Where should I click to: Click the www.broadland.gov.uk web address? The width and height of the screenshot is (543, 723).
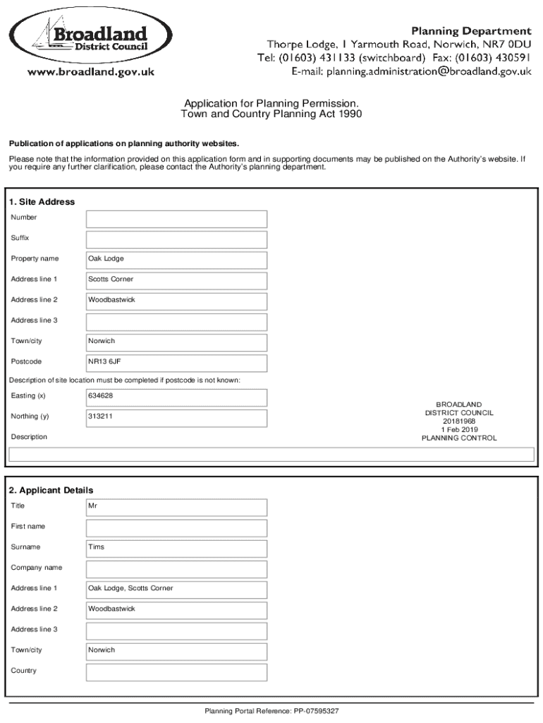[91, 71]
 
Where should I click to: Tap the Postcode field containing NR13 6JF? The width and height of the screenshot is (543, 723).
[176, 362]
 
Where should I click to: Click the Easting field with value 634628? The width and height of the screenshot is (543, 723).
[176, 397]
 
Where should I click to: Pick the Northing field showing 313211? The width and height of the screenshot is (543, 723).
[176, 417]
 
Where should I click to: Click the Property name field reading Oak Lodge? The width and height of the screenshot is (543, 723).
[176, 259]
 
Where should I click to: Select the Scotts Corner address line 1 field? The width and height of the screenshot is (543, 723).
[176, 280]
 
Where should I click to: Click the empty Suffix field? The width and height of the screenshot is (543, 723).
[176, 239]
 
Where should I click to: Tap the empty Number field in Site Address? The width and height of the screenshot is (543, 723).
[176, 218]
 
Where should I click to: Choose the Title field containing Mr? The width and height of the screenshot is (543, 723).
[176, 506]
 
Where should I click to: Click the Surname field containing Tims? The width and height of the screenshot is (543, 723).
[176, 547]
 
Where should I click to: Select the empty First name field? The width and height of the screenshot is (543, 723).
[176, 527]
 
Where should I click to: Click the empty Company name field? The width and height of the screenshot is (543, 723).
[176, 568]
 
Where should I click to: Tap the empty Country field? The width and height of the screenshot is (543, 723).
[176, 671]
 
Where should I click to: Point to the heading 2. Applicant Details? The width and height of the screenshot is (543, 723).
[51, 490]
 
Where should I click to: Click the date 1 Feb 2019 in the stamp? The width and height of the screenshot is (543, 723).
[459, 429]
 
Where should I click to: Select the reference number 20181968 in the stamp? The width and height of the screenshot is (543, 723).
[459, 421]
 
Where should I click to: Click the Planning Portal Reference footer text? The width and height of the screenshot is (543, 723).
[271, 711]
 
